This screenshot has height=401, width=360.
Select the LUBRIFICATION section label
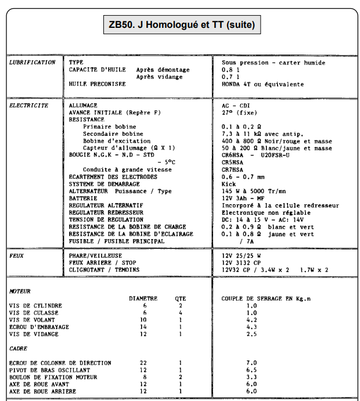(32, 62)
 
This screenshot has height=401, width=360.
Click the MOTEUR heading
(20, 291)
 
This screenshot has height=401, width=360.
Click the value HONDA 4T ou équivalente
(262, 84)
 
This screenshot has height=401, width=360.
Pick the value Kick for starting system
(228, 184)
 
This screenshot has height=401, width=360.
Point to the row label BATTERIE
(84, 198)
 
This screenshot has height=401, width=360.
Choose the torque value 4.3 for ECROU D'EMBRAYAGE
(251, 327)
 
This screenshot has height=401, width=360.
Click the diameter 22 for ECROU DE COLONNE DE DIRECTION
(144, 363)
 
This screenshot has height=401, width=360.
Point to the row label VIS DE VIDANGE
(34, 334)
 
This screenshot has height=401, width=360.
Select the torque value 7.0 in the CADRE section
(251, 363)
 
